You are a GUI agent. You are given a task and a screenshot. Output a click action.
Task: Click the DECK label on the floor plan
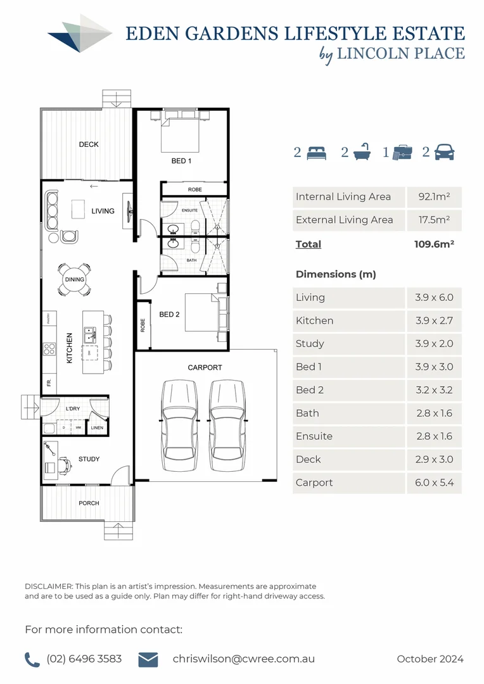tap(89, 144)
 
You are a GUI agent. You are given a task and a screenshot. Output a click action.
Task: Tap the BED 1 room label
tap(181, 161)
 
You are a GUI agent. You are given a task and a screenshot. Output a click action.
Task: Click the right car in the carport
tap(227, 424)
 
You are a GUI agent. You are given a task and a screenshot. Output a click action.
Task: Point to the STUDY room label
tap(89, 459)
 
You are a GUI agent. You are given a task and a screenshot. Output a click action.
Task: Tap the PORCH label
tap(89, 503)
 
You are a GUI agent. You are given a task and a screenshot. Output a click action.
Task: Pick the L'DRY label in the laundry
tap(73, 409)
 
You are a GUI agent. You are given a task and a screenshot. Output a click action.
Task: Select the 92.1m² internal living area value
tap(434, 197)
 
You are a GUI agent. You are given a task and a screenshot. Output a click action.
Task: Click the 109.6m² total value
tap(434, 244)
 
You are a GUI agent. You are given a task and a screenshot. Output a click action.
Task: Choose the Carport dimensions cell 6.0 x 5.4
tap(434, 483)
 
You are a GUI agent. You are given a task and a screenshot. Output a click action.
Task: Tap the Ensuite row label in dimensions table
tap(314, 436)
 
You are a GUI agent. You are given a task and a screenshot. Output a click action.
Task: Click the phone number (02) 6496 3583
tap(84, 659)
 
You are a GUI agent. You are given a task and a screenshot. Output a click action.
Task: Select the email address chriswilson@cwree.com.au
tap(243, 659)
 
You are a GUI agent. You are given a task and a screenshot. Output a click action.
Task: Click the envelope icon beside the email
tap(148, 659)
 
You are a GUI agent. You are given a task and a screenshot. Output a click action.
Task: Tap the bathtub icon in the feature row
tap(361, 153)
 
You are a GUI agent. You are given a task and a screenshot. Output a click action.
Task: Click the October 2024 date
tap(430, 659)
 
